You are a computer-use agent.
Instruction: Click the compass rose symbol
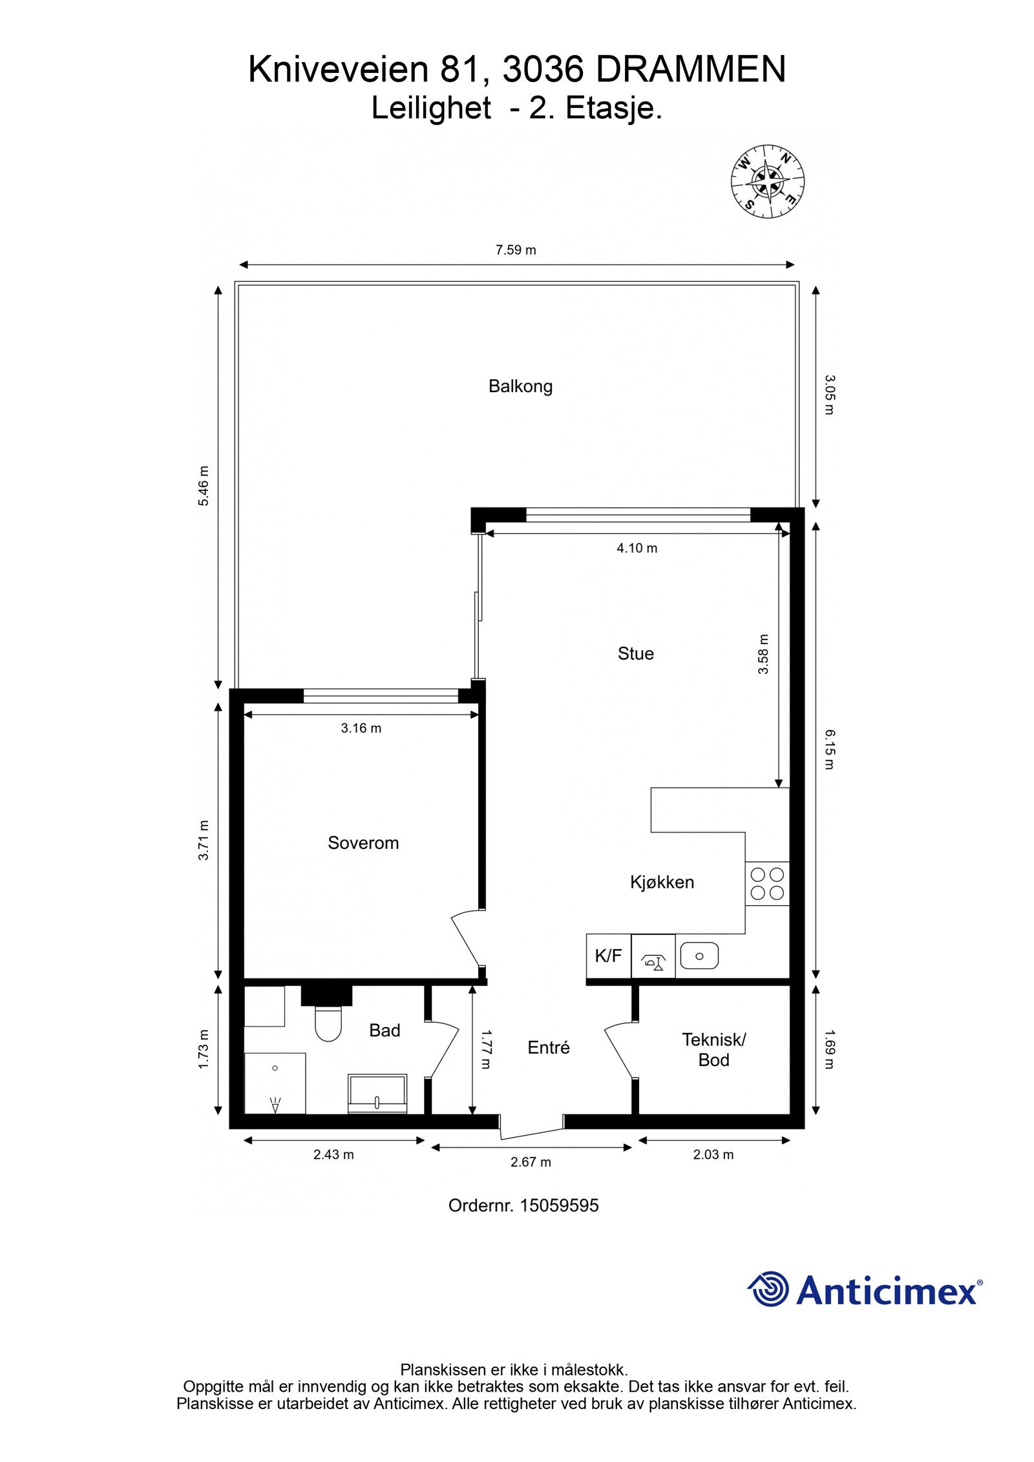coord(767,180)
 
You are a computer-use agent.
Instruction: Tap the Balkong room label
coord(520,386)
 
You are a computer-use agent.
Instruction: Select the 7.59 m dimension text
coord(516,250)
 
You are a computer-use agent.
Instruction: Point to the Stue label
coord(635,654)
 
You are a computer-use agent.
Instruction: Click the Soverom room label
coord(363,842)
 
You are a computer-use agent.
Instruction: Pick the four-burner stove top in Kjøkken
coord(767,884)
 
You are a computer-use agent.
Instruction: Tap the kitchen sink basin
coord(699,956)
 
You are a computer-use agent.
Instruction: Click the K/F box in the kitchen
coord(608,956)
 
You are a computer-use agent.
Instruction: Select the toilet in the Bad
coord(328,1024)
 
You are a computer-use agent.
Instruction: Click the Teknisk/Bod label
coord(713,1049)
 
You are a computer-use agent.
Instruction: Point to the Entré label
coord(548,1048)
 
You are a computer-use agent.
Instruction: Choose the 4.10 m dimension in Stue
coord(637,548)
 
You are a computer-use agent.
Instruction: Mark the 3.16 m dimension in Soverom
coord(361,728)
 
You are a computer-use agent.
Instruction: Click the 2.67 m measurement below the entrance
coord(531,1162)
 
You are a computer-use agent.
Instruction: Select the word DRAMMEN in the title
coord(690,70)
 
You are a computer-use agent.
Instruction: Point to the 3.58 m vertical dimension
coord(763,654)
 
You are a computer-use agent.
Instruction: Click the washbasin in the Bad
coord(377,1093)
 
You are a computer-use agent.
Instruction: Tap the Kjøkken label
coord(662,882)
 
